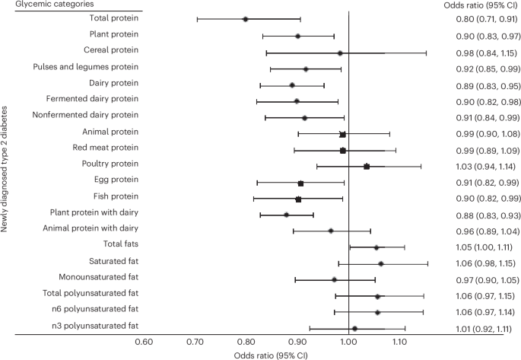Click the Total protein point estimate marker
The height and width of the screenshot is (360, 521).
[245, 19]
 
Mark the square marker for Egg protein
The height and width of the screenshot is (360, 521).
[300, 183]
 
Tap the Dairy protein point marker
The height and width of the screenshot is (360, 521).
[292, 84]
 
